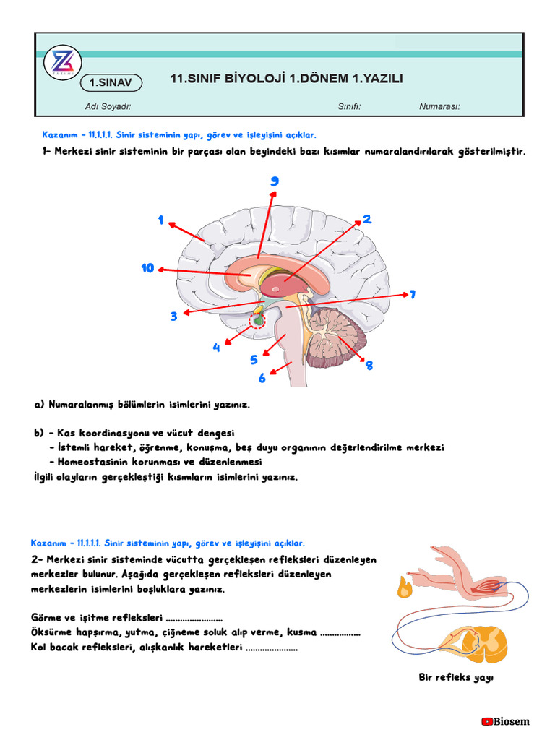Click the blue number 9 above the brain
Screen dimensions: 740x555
coord(275,181)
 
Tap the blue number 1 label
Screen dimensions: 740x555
coord(161,220)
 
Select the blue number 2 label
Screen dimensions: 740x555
coord(367,219)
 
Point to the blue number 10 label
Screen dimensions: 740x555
coord(148,269)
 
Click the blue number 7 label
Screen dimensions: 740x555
coord(413,294)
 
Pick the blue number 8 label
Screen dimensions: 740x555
coord(369,366)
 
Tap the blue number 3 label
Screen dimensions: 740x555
coord(173,317)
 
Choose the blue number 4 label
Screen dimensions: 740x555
coord(216,348)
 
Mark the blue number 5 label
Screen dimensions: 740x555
coord(254,360)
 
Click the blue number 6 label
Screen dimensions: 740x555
coord(262,378)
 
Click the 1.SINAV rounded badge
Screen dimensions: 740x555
coord(111,83)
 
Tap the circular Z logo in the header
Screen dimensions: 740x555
coord(63,64)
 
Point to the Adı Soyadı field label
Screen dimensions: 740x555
coord(108,107)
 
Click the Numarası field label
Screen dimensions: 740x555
coord(439,107)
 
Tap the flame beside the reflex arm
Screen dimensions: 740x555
coord(404,587)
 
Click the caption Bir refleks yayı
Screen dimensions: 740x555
coord(455,677)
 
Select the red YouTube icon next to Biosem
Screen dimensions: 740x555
coord(487,721)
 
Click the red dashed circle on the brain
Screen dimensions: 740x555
coord(257,319)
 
